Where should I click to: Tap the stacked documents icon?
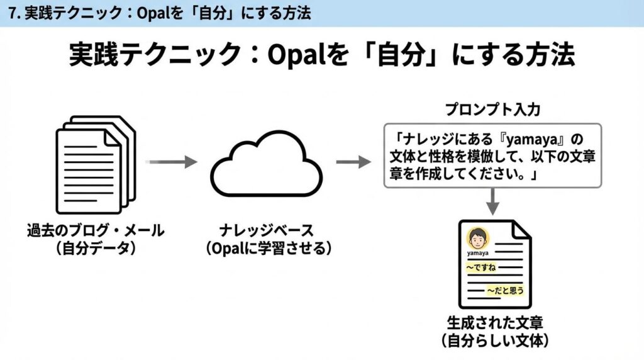pyautogui.click(x=96, y=165)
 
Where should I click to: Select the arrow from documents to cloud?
pyautogui.click(x=172, y=162)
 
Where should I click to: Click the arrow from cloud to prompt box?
pyautogui.click(x=353, y=162)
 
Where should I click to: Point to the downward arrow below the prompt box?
pyautogui.click(x=492, y=201)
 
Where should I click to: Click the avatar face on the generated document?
pyautogui.click(x=477, y=238)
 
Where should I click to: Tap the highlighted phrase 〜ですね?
pyautogui.click(x=481, y=267)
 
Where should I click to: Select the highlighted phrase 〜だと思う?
pyautogui.click(x=505, y=291)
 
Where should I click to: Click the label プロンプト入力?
pyautogui.click(x=492, y=110)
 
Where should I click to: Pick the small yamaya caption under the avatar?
pyautogui.click(x=478, y=253)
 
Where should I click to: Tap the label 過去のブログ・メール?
pyautogui.click(x=96, y=230)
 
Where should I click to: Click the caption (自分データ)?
pyautogui.click(x=96, y=248)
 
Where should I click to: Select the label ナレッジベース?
pyautogui.click(x=266, y=230)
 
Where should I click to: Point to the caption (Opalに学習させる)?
pyautogui.click(x=268, y=248)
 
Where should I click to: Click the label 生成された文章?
pyautogui.click(x=495, y=323)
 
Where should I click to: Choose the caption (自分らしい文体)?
pyautogui.click(x=495, y=340)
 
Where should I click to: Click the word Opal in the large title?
pyautogui.click(x=297, y=55)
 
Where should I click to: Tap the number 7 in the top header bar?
pyautogui.click(x=13, y=14)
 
